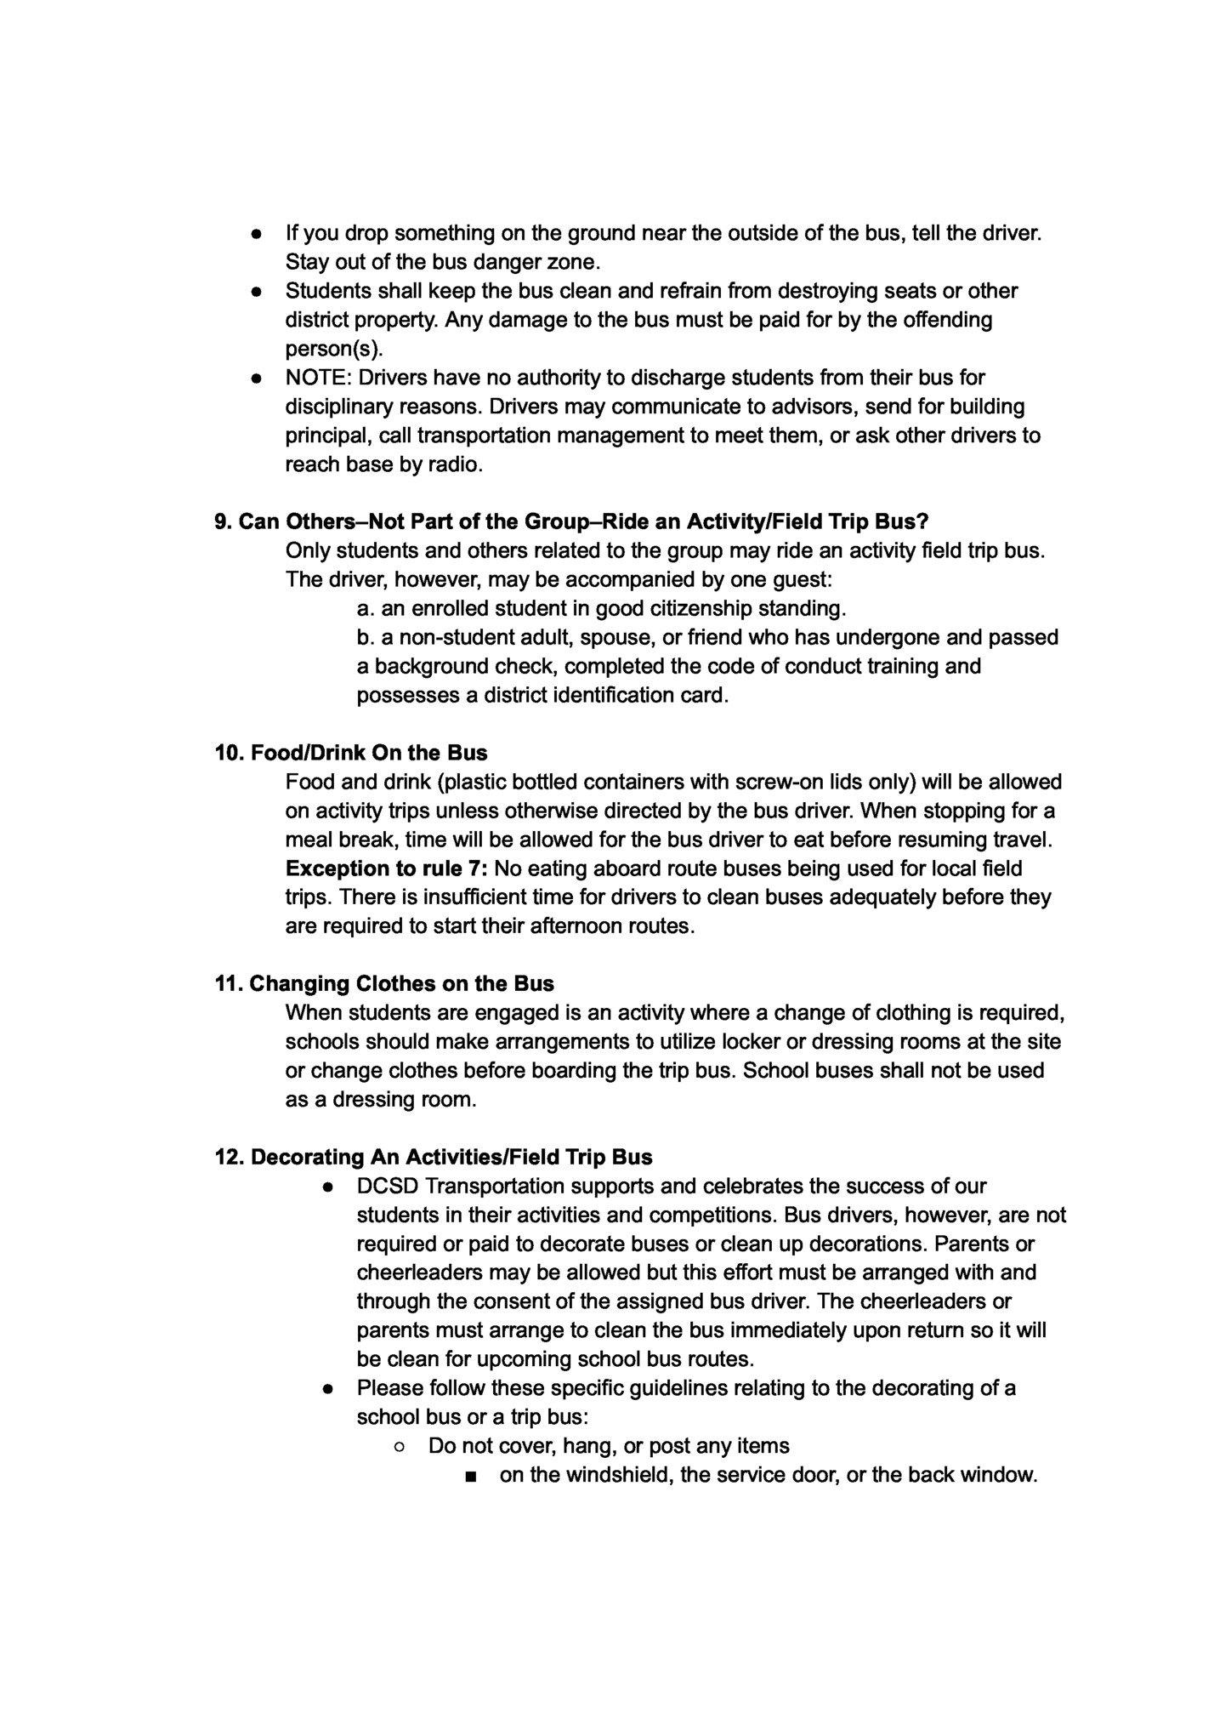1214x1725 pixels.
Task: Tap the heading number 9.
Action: coord(223,521)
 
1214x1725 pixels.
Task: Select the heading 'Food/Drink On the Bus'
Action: coord(369,753)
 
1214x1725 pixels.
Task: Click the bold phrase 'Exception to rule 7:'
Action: coord(387,868)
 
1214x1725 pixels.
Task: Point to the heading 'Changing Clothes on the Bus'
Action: coord(401,984)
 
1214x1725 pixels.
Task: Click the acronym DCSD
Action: coord(387,1186)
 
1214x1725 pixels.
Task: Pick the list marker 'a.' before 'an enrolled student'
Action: coord(366,609)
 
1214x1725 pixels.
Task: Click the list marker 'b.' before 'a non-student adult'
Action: coord(366,638)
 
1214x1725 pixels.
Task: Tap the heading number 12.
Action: coord(230,1158)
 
